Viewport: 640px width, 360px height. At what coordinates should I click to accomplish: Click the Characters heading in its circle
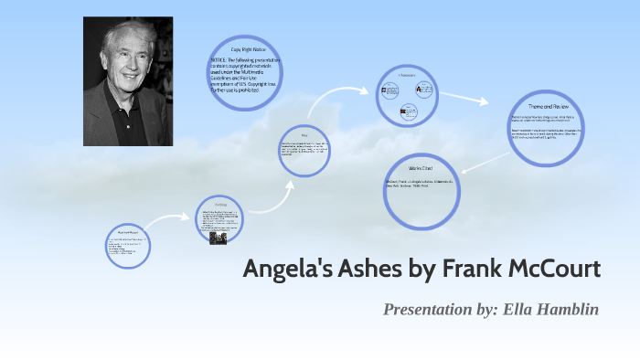click(408, 74)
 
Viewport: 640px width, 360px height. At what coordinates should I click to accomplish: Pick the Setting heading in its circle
click(219, 206)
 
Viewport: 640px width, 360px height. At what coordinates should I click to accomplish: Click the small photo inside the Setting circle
click(218, 237)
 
